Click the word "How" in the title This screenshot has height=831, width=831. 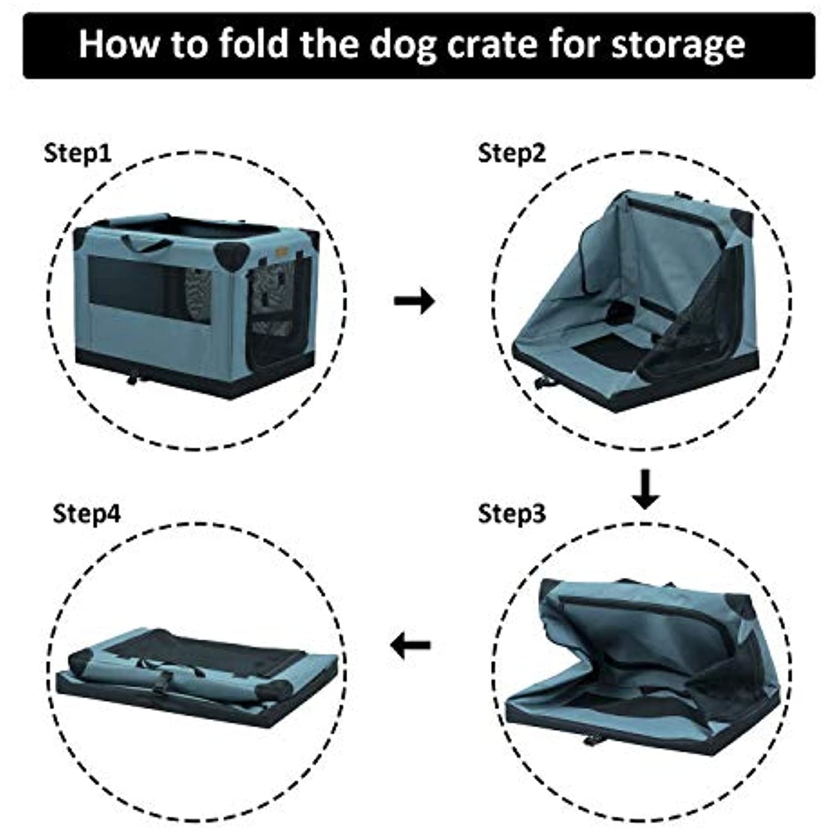coord(118,44)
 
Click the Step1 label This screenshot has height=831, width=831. coord(77,154)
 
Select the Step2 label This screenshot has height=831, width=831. coord(511,154)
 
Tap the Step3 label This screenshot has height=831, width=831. coord(511,513)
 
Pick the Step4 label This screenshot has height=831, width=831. coord(87,513)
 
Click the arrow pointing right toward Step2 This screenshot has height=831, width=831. coord(414,300)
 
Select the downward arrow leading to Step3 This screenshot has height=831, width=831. coord(645,489)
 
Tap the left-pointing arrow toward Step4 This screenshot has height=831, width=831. coord(411,645)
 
